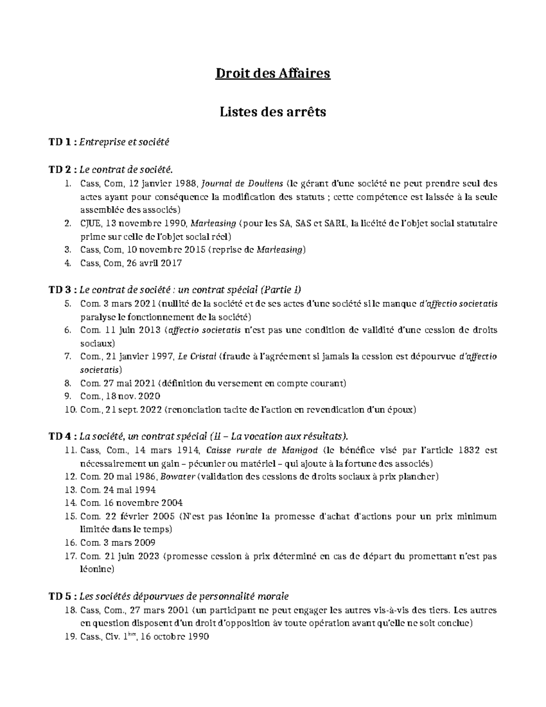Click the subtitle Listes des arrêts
(x=273, y=112)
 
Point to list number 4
(x=68, y=263)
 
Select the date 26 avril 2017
(x=155, y=263)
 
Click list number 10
(x=71, y=410)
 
